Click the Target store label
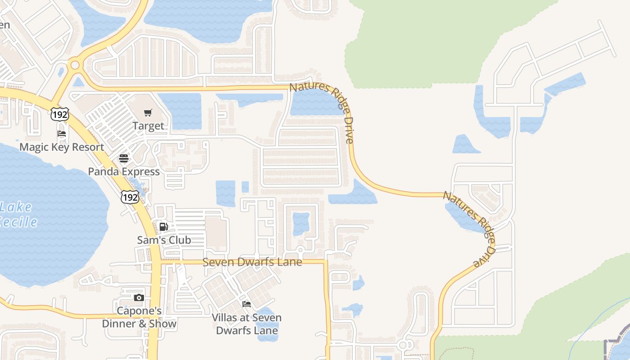tap(148, 126)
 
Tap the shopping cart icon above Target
tap(148, 112)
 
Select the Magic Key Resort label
tap(62, 147)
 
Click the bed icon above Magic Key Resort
tap(62, 134)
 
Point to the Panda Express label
tap(124, 171)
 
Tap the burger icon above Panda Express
tap(124, 158)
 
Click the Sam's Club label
tap(164, 240)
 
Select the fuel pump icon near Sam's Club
tap(164, 226)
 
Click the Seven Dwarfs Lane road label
tap(252, 262)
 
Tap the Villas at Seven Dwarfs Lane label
tap(247, 324)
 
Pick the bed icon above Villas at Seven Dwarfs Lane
tap(247, 304)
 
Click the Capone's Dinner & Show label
tap(139, 317)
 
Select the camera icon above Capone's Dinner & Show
tap(139, 297)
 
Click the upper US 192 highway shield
tap(59, 114)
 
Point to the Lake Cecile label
tap(17, 215)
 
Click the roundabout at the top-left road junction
tap(75, 65)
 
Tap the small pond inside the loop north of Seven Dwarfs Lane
tap(301, 224)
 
